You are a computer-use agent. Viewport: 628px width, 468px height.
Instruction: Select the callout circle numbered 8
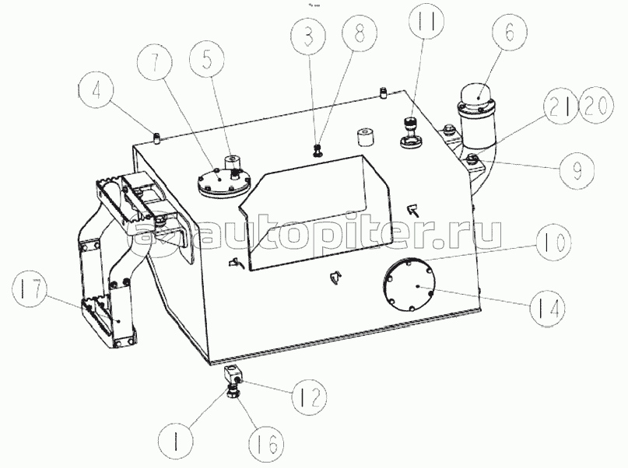360,34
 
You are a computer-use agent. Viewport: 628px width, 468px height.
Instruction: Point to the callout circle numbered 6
510,33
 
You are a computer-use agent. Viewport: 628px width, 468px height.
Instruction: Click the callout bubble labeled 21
560,105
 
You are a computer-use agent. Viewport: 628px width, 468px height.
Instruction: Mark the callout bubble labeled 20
596,105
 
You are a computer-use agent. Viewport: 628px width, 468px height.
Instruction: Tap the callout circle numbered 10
553,243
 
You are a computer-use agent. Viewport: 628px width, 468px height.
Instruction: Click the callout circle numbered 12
309,396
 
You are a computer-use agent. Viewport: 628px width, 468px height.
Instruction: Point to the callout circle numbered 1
176,442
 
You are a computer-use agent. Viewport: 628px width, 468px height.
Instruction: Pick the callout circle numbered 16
265,444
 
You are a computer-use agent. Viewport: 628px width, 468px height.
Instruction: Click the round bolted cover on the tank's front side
409,285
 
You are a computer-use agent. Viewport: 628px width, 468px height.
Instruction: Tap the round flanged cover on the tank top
224,182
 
